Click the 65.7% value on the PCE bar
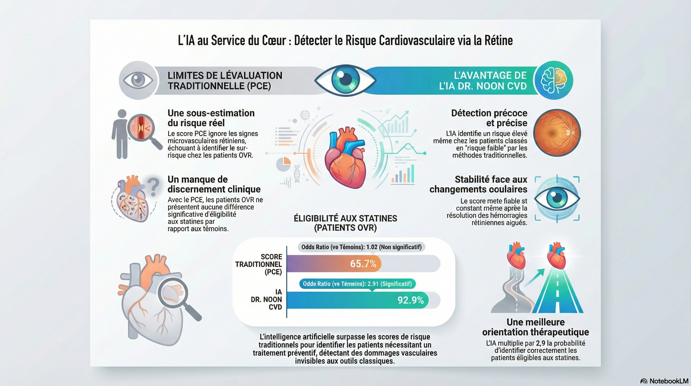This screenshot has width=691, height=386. (363, 264)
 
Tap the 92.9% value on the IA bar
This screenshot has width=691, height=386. (411, 300)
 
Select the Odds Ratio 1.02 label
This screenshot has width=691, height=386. (361, 247)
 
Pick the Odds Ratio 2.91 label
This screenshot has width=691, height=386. (357, 284)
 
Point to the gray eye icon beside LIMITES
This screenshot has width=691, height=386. (138, 80)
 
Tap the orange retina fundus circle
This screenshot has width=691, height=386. (557, 133)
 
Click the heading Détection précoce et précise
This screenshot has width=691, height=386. (489, 118)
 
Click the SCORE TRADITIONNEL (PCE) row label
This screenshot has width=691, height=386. (259, 264)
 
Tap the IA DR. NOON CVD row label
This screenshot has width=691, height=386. (266, 299)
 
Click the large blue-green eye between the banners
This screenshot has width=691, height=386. (345, 80)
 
